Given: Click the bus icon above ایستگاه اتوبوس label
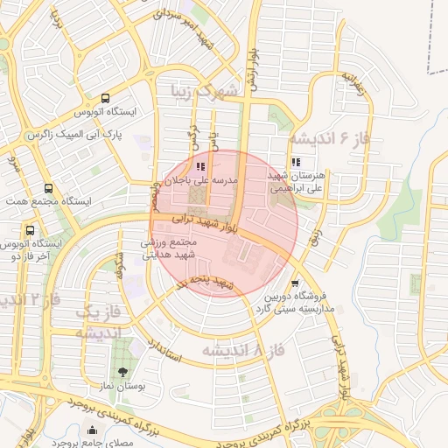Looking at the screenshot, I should tap(105, 98).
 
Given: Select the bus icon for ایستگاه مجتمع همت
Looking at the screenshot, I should tap(47, 187).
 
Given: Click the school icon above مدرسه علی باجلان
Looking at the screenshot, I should tap(200, 165).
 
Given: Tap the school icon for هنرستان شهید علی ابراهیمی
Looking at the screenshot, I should tap(296, 161).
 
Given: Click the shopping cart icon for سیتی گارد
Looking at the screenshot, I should tap(295, 283).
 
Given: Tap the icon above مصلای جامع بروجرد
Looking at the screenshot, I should tap(93, 429).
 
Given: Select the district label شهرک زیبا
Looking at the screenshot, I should tap(205, 91).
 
